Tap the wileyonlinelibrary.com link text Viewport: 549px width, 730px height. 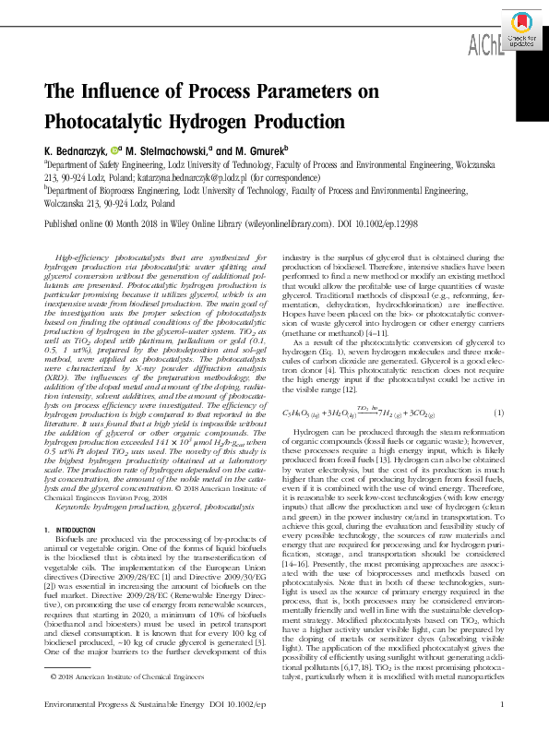pos(293,223)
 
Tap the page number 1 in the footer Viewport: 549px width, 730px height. pos(499,704)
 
